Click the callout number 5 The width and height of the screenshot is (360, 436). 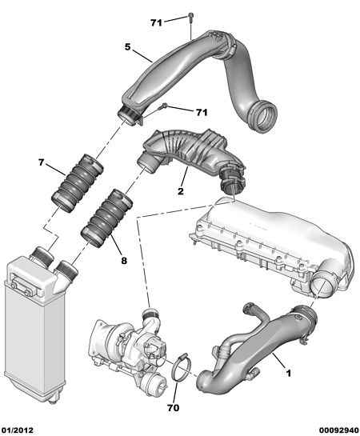pyautogui.click(x=127, y=47)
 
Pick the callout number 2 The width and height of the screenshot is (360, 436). pyautogui.click(x=181, y=192)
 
